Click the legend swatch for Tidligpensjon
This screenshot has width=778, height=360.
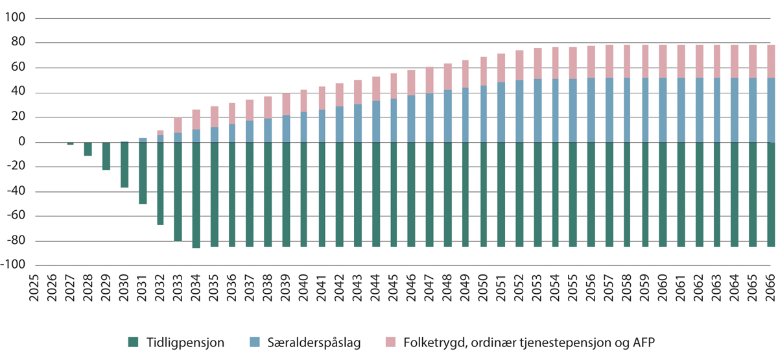[x=134, y=341]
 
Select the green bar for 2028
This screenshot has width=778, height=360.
[x=88, y=149]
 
